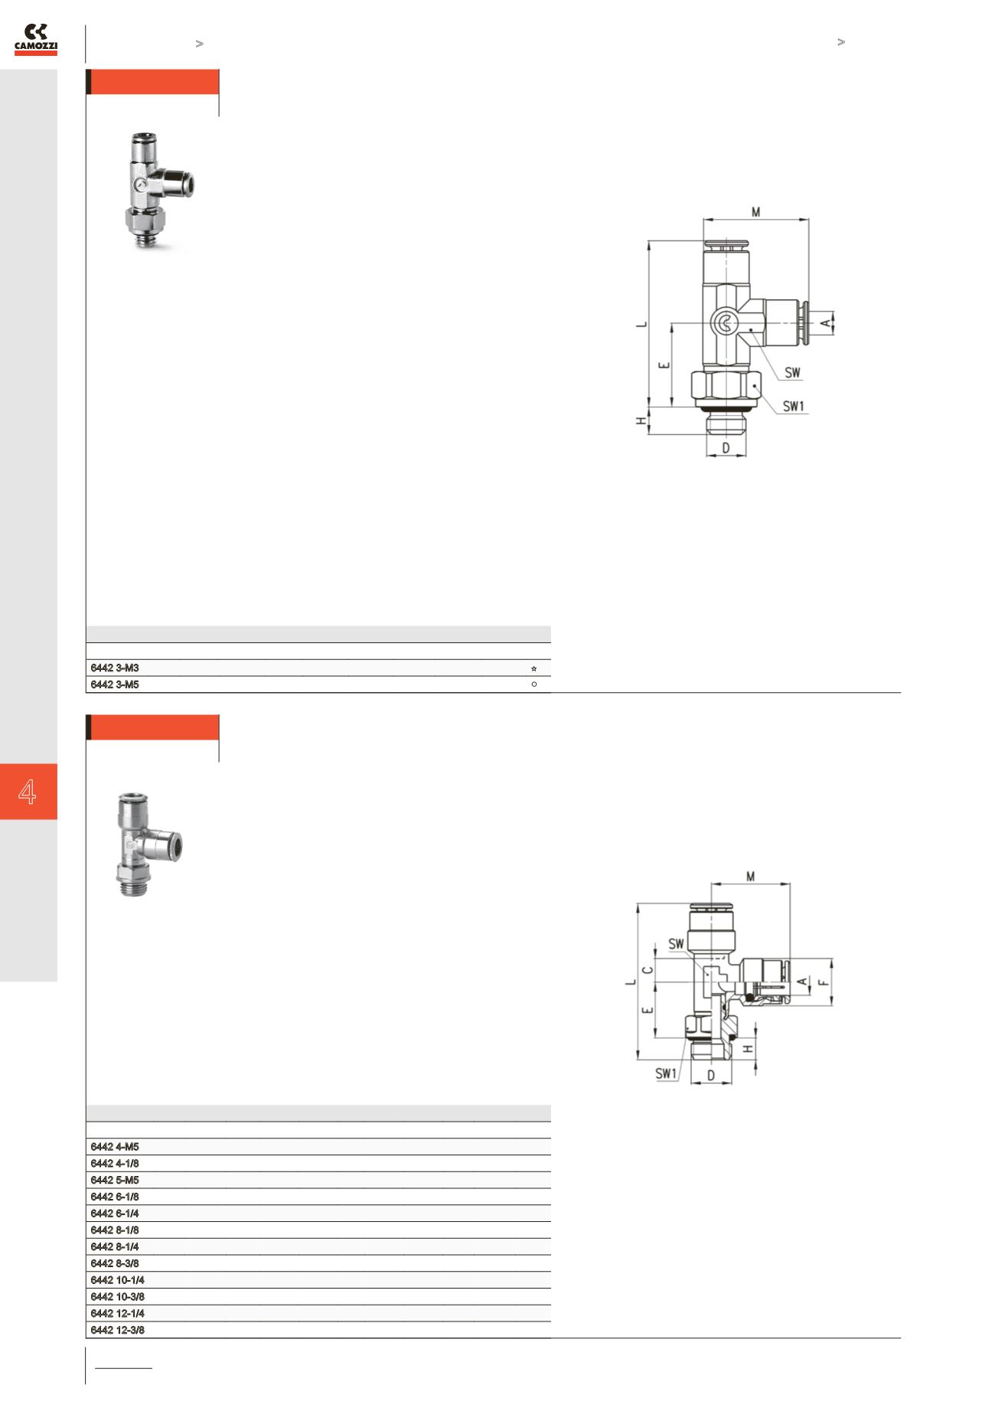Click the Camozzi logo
(36, 40)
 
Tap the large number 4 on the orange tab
(28, 792)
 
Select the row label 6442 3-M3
(115, 668)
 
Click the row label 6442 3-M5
(115, 684)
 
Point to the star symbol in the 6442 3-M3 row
(533, 668)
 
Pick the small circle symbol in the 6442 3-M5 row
(533, 684)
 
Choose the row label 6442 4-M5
(115, 1147)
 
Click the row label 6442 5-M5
(115, 1180)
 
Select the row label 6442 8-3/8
(115, 1263)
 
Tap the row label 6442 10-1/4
(117, 1280)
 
